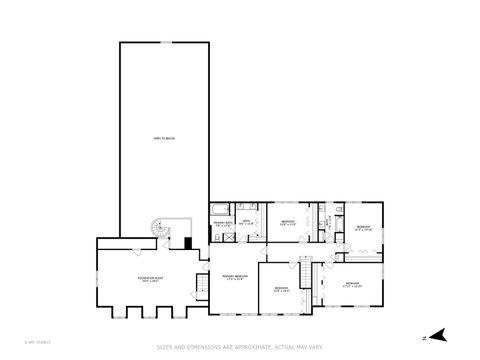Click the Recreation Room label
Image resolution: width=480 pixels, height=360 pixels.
pos(151,277)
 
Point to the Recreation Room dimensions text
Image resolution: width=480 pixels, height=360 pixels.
pos(151,282)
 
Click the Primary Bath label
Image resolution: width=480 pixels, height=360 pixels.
pos(223,223)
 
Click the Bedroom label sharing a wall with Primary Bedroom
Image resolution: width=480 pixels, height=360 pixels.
pos(281,289)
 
